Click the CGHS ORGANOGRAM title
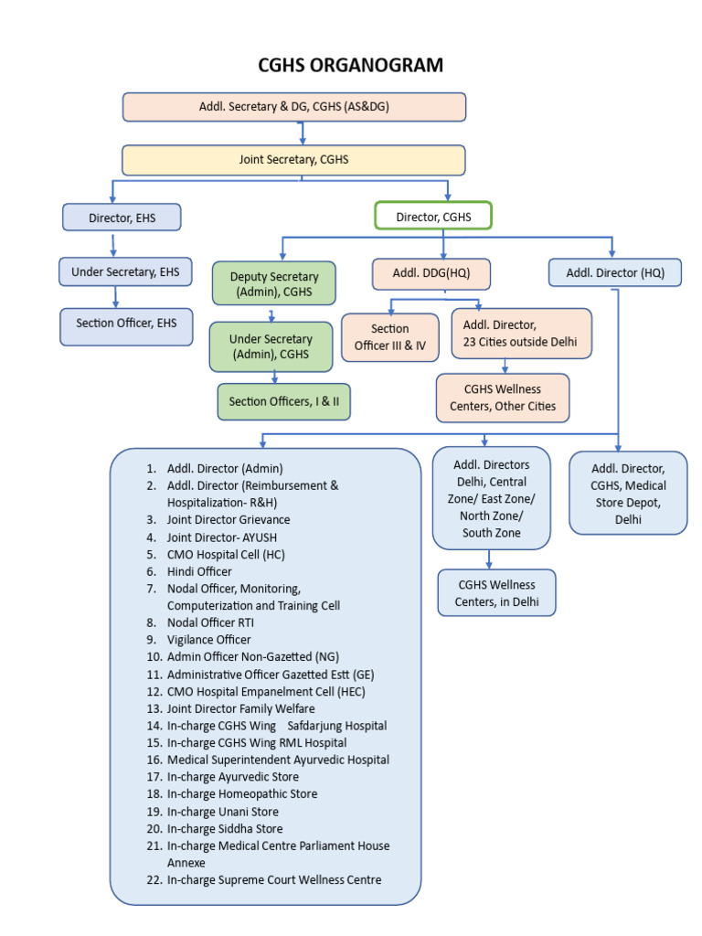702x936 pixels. (x=350, y=65)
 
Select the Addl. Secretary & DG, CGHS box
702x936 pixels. (x=294, y=107)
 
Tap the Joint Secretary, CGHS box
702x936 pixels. (x=293, y=160)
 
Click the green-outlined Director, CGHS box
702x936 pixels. (x=433, y=217)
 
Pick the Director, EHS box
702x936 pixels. (x=122, y=218)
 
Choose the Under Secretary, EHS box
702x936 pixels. (x=125, y=271)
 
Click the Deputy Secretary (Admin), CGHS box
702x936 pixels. (x=274, y=284)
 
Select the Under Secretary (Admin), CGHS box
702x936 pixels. (x=271, y=346)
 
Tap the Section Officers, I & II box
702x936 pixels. (x=283, y=401)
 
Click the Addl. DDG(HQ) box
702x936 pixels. (x=431, y=274)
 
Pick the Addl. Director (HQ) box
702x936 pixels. (x=614, y=272)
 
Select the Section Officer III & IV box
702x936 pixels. (x=390, y=336)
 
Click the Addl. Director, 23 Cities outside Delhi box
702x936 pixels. (x=521, y=334)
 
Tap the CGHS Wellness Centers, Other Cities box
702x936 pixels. (x=502, y=398)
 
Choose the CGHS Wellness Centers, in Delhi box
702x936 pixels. (x=495, y=592)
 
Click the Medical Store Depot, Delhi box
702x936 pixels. (x=628, y=493)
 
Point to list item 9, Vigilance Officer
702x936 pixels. (x=208, y=640)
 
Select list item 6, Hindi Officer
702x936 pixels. (x=199, y=571)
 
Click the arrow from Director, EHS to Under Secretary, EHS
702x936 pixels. (x=113, y=244)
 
